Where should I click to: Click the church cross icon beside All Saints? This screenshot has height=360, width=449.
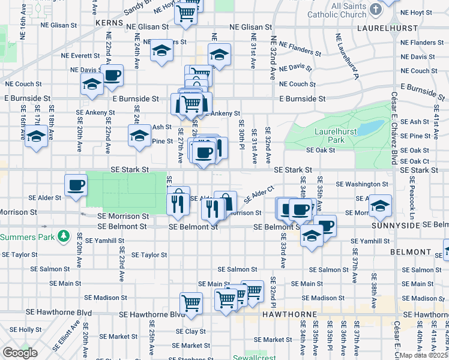tap(375, 10)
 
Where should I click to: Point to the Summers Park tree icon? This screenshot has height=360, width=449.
tap(64, 237)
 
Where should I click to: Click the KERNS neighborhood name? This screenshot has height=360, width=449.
tap(109, 22)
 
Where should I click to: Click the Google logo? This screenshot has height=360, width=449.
tap(20, 353)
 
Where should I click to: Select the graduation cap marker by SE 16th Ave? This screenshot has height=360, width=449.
tap(37, 137)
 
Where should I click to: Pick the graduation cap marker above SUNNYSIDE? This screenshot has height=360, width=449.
tap(380, 206)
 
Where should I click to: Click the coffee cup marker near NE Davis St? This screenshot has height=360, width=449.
tap(112, 76)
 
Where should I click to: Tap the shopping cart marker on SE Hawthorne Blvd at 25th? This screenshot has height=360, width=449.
tap(191, 302)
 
